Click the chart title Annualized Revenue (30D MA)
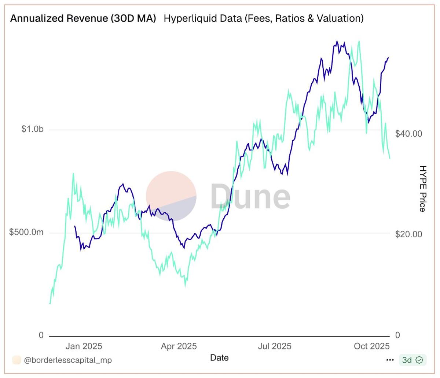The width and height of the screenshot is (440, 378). [83, 18]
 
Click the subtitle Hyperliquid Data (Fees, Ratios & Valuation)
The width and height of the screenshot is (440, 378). [263, 18]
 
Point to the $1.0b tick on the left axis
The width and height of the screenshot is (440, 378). [32, 129]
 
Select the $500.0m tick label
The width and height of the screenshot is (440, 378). [26, 233]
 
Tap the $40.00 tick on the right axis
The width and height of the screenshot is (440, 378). [408, 134]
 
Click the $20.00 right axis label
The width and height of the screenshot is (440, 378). [408, 234]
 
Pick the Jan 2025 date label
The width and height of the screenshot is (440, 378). [84, 346]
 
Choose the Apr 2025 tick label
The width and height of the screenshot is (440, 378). [179, 346]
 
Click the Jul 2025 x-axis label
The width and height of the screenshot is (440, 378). [274, 346]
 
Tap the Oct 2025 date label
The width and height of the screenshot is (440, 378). [371, 346]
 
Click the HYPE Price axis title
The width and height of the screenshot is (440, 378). [423, 189]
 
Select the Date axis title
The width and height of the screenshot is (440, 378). [219, 358]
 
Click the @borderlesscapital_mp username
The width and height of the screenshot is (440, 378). [68, 360]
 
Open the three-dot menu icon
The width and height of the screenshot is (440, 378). [390, 360]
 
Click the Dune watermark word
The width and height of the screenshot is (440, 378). [250, 196]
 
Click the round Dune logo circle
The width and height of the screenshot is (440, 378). [171, 196]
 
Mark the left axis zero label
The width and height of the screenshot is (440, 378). [41, 336]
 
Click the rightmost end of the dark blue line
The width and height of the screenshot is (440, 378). [388, 58]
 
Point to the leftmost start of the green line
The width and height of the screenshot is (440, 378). [50, 303]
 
